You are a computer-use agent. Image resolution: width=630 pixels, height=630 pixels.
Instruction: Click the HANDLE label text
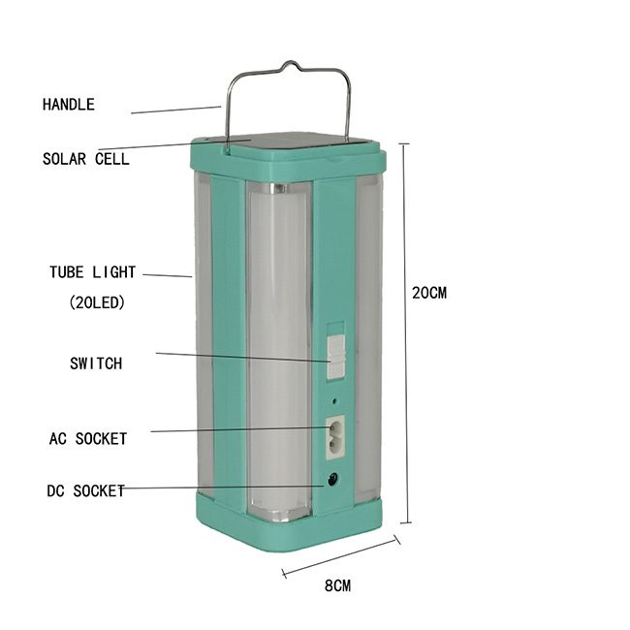tap(69, 105)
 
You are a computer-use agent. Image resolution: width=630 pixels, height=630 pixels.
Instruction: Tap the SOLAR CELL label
tap(86, 159)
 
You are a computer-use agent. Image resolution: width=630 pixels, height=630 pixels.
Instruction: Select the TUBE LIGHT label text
tap(92, 272)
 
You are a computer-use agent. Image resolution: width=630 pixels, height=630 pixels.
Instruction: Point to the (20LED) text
tap(97, 302)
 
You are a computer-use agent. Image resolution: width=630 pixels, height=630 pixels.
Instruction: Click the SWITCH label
tap(96, 363)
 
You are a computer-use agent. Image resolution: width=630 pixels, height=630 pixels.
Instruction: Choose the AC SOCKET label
tap(88, 438)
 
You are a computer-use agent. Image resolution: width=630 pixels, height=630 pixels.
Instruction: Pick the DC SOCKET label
tap(85, 491)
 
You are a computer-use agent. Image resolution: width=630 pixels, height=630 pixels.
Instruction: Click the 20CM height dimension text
tap(429, 293)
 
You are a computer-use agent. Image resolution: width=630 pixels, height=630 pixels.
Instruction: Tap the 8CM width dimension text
tap(337, 585)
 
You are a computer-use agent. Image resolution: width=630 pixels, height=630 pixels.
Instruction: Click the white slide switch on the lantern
tap(336, 358)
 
